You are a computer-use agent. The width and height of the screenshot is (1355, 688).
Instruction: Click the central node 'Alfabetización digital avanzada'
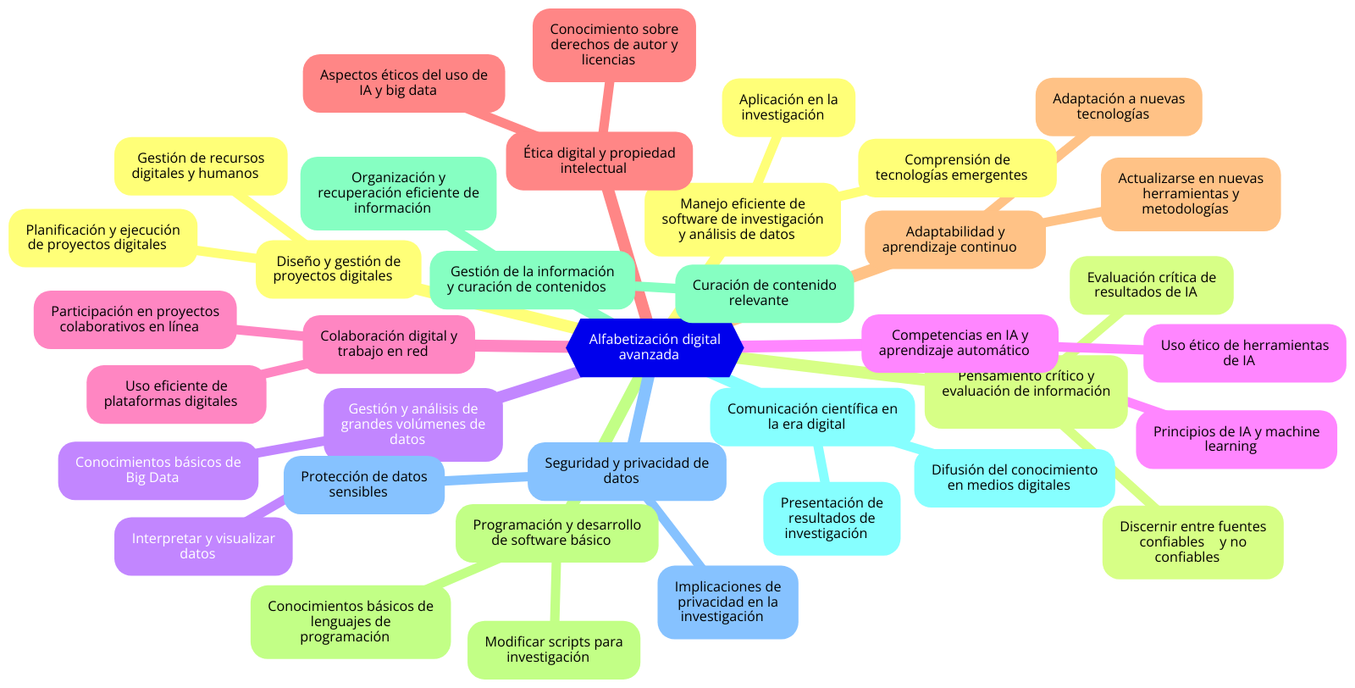tap(655, 347)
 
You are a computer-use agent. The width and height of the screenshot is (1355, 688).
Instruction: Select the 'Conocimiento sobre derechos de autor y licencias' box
tap(614, 45)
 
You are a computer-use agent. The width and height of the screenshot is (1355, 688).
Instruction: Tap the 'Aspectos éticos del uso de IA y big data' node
tap(403, 83)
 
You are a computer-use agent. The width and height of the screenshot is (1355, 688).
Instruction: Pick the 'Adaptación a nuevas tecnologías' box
tap(1118, 107)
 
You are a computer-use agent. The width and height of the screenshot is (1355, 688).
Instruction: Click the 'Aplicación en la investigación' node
tap(788, 108)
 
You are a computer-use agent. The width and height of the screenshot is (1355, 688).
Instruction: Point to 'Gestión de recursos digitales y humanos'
tap(201, 166)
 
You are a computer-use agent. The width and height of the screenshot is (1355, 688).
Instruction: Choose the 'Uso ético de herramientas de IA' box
tap(1244, 353)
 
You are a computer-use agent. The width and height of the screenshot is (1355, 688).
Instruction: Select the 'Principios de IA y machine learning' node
tap(1236, 439)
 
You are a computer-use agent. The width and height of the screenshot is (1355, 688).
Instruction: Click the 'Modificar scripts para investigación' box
tap(553, 650)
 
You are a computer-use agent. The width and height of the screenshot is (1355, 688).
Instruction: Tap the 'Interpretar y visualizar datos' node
tap(203, 547)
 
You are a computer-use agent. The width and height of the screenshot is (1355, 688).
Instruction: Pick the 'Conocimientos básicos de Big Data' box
tap(158, 470)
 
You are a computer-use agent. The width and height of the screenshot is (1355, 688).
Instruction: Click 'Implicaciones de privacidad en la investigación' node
tap(727, 602)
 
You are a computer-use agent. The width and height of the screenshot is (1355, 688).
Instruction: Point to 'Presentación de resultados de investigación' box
tap(831, 518)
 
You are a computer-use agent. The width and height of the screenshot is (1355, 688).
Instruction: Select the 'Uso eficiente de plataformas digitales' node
tap(176, 394)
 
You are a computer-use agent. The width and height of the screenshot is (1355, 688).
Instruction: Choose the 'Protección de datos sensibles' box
tap(363, 485)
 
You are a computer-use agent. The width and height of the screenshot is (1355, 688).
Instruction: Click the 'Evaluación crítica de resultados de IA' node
tap(1151, 285)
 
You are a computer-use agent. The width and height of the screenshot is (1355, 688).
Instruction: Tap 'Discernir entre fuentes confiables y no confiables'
tap(1192, 542)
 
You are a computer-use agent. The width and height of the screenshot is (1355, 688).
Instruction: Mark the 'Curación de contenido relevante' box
tap(764, 293)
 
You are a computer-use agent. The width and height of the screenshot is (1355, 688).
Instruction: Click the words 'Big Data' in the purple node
tap(152, 478)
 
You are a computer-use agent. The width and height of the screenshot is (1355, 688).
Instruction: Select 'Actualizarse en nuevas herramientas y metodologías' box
tap(1190, 194)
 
